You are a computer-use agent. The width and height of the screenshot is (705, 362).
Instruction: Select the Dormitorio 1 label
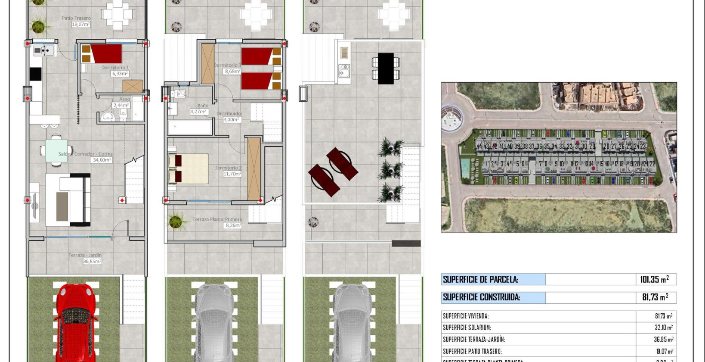[x=115, y=68]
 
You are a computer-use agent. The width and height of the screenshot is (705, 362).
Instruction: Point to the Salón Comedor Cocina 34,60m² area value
[x=102, y=160]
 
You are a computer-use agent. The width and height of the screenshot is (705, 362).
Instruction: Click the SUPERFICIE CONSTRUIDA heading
[x=481, y=297]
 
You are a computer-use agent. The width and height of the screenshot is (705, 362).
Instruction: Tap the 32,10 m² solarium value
[x=663, y=328]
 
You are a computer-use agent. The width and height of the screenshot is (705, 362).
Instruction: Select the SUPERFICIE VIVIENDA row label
[x=466, y=316]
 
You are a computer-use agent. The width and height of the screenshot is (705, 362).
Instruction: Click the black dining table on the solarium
[x=386, y=69]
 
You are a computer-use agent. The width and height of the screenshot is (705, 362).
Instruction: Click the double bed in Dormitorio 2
[x=188, y=169]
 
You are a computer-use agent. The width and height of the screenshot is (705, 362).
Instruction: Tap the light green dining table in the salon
[x=56, y=150]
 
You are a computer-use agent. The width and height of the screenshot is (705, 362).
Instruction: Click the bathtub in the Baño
[x=189, y=128]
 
